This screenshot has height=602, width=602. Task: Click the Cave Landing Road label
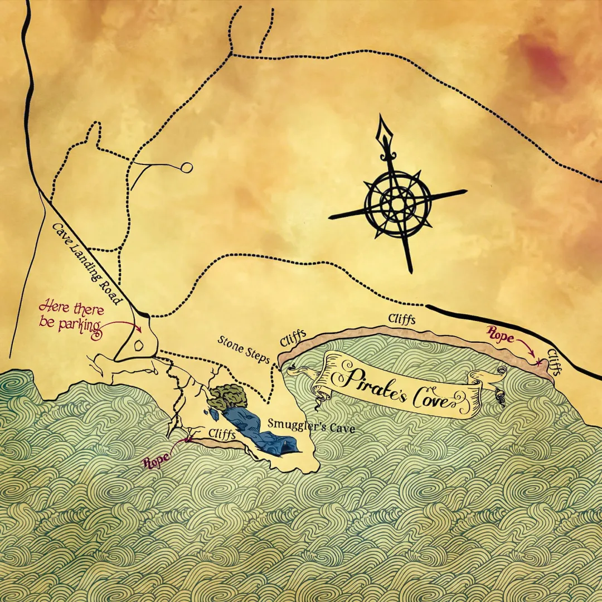pyautogui.click(x=86, y=264)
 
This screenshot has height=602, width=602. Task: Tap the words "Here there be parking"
pyautogui.click(x=70, y=315)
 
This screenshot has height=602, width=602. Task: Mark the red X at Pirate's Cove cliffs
pyautogui.click(x=538, y=363)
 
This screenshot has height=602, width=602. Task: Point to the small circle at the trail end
pyautogui.click(x=187, y=167)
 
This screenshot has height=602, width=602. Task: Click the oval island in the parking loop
pyautogui.click(x=139, y=345)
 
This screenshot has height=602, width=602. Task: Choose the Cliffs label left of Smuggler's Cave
pyautogui.click(x=222, y=434)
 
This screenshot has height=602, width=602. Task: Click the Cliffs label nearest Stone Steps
pyautogui.click(x=294, y=337)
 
